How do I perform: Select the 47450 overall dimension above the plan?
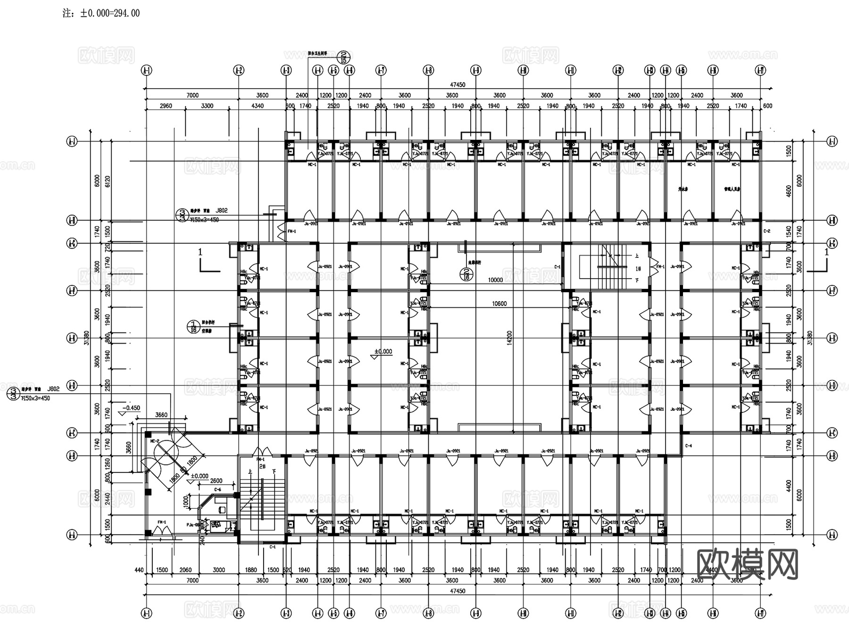tap(457, 85)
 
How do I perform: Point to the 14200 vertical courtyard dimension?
tap(509, 338)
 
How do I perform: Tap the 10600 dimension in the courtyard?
tap(499, 304)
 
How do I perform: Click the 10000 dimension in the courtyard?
tap(495, 280)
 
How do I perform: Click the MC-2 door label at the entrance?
tap(154, 441)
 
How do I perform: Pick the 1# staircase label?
tap(638, 269)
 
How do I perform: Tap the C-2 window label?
tap(766, 231)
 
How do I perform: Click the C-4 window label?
tap(688, 445)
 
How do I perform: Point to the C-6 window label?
tap(217, 490)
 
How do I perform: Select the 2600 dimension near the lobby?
tap(216, 481)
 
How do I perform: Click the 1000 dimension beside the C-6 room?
tap(185, 502)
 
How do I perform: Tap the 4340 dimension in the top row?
tap(258, 106)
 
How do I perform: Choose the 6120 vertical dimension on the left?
tap(107, 181)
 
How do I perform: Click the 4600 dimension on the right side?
tap(789, 191)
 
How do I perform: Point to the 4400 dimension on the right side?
tap(789, 486)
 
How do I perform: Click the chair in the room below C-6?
tap(221, 509)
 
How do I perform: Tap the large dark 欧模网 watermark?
tap(747, 564)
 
